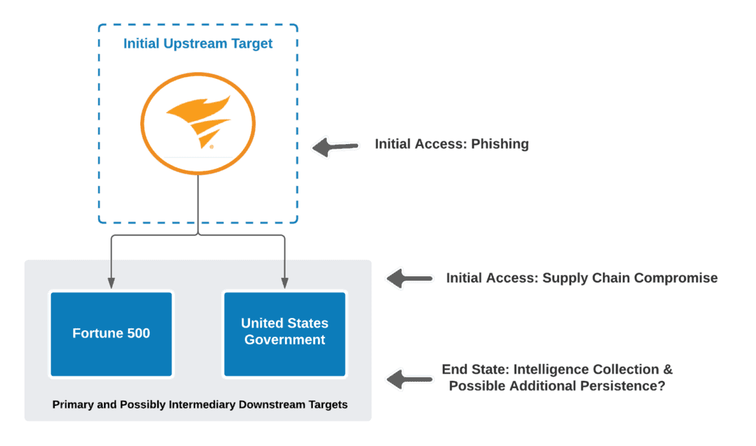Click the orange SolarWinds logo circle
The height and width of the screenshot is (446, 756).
point(198,123)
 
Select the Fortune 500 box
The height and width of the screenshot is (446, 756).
point(111,334)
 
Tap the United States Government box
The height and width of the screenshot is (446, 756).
point(285,334)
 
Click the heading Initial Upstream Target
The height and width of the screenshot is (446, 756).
point(198,44)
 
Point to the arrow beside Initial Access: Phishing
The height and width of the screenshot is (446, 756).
point(335,147)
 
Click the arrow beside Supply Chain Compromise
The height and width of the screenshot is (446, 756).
point(409,279)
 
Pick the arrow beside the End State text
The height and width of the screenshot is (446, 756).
point(409,379)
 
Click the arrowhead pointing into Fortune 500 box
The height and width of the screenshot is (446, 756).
point(111,283)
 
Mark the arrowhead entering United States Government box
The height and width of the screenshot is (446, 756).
point(285,283)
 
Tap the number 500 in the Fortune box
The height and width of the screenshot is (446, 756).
point(138,334)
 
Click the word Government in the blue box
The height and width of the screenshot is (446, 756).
point(285,340)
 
